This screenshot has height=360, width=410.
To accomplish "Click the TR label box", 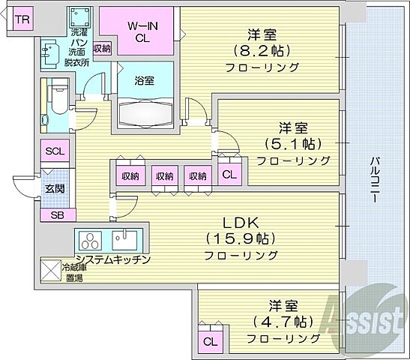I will click(x=22, y=19).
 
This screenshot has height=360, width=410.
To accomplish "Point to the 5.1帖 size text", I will click(x=293, y=143).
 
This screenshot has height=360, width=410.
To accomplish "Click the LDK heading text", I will click(x=243, y=223).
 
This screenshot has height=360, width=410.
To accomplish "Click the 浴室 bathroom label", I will click(x=144, y=81).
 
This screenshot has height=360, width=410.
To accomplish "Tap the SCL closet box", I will click(x=55, y=151).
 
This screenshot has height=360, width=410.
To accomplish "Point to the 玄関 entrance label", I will click(x=55, y=188).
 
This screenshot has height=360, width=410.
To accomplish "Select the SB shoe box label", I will click(x=56, y=214).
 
